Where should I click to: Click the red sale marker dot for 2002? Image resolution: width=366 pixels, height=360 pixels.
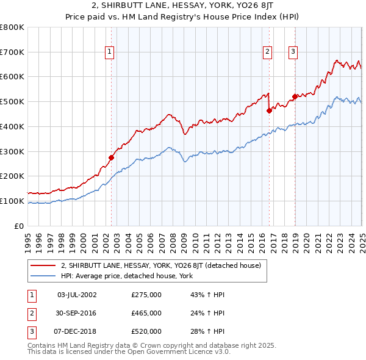(x=111, y=157)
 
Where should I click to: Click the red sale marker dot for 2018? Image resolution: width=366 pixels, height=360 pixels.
(x=295, y=96)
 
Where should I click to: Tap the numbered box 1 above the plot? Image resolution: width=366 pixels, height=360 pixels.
(x=109, y=52)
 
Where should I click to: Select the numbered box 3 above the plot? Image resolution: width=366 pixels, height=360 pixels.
(x=293, y=52)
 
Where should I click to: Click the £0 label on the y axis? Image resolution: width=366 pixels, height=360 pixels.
(x=19, y=226)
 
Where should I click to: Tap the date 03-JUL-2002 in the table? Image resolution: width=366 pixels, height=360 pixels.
(x=77, y=295)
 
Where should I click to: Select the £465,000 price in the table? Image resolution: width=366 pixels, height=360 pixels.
(x=146, y=313)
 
